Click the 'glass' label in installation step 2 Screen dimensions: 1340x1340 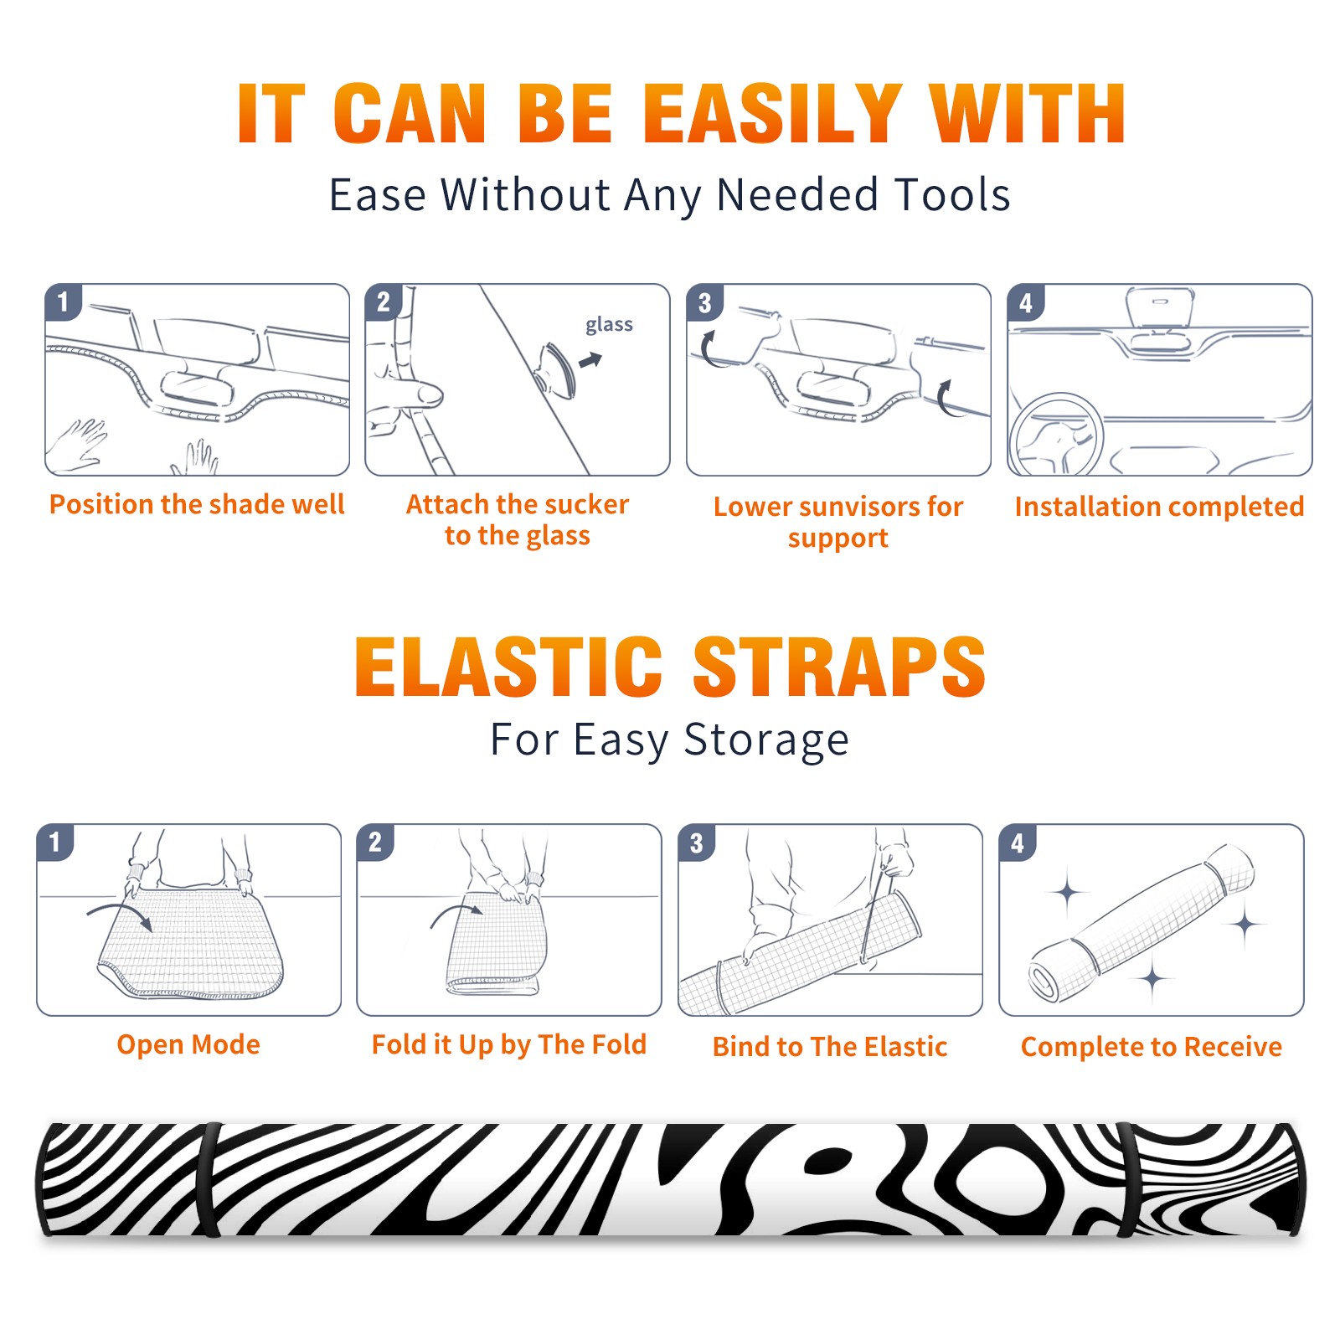click(x=609, y=325)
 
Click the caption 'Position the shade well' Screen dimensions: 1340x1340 click(x=197, y=504)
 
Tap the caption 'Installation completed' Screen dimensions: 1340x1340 click(x=1159, y=506)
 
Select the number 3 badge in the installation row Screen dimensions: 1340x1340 click(x=705, y=302)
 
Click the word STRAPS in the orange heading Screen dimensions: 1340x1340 click(x=839, y=667)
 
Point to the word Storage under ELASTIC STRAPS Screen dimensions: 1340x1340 click(x=766, y=740)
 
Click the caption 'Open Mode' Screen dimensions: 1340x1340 click(x=188, y=1044)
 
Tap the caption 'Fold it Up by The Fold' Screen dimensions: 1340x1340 click(x=509, y=1044)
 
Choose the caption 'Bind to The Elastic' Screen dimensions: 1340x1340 click(x=830, y=1047)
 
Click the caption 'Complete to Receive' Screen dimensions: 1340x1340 click(x=1152, y=1047)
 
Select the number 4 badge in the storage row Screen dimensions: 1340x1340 click(x=1018, y=843)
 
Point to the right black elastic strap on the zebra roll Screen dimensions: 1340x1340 click(x=1127, y=1180)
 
